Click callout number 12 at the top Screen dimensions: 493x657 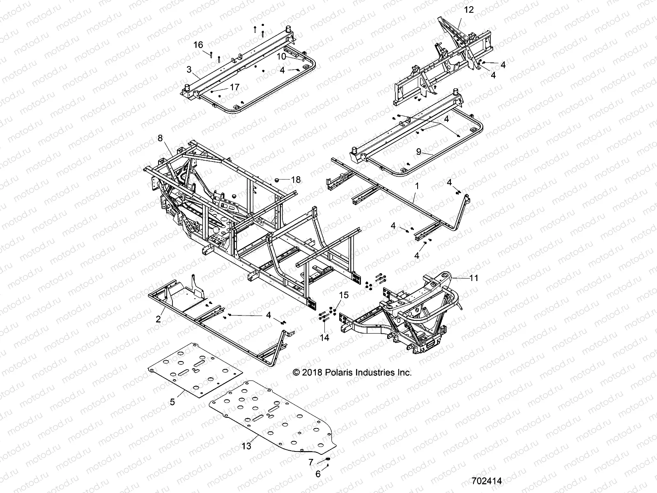[x=469, y=9]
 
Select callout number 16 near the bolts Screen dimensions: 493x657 [x=198, y=44]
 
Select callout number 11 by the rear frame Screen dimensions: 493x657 [x=474, y=278]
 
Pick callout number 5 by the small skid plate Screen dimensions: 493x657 [x=172, y=402]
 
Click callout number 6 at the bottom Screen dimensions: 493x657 [x=318, y=474]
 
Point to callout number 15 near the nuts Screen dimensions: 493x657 [x=343, y=295]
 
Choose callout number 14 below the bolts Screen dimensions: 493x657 [x=324, y=338]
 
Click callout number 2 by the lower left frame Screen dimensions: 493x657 [x=159, y=319]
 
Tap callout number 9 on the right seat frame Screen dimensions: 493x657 [x=418, y=152]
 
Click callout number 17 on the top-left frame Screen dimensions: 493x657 [x=234, y=87]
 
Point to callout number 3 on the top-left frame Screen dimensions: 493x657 [x=189, y=69]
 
